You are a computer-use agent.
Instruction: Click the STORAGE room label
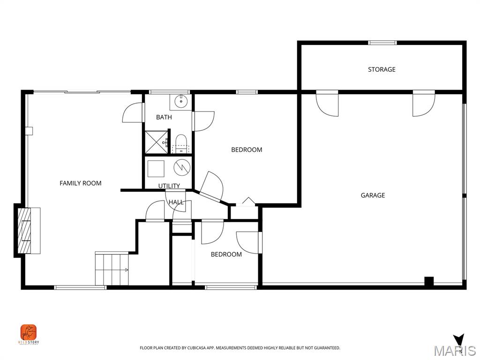click(x=382, y=69)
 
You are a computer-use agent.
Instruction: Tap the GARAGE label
click(x=373, y=195)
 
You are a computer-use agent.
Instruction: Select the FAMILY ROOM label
click(x=80, y=183)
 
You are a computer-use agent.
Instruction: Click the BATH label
click(x=164, y=117)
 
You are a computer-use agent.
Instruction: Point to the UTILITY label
click(x=169, y=186)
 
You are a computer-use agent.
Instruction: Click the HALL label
click(x=176, y=202)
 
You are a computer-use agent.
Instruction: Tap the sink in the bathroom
click(x=180, y=101)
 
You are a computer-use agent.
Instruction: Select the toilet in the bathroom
click(x=180, y=143)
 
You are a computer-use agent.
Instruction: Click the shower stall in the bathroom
click(x=155, y=142)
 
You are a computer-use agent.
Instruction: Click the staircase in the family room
click(x=112, y=269)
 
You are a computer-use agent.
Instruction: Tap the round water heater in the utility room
click(x=181, y=167)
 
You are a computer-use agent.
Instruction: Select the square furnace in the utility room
click(x=156, y=168)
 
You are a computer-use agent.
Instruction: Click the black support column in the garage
click(x=428, y=281)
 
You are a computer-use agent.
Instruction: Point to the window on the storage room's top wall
click(x=382, y=43)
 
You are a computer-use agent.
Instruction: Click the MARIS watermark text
click(x=454, y=351)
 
